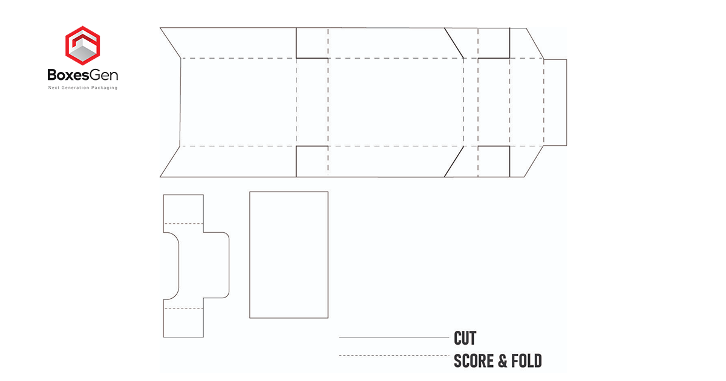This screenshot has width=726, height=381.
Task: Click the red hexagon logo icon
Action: (x=83, y=46)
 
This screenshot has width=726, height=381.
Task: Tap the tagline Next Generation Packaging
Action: (x=83, y=88)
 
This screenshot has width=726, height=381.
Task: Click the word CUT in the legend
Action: (x=465, y=337)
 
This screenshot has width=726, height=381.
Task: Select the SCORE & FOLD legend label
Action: (x=497, y=362)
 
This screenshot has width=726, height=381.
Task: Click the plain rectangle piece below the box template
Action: (x=289, y=255)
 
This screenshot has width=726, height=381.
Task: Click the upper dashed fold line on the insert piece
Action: (x=183, y=224)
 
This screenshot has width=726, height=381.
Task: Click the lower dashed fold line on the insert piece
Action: (x=183, y=308)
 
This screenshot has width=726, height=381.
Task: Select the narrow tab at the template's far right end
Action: (x=555, y=102)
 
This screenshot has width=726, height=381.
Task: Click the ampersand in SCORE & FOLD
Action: (x=502, y=362)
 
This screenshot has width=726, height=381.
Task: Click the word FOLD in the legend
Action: (x=526, y=362)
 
